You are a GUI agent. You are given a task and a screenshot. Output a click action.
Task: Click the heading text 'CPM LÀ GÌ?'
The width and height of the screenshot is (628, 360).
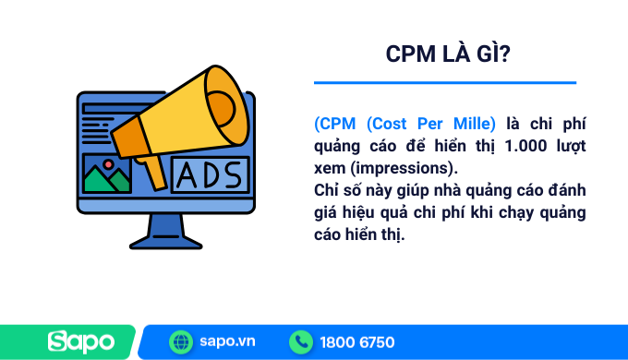pos(450,55)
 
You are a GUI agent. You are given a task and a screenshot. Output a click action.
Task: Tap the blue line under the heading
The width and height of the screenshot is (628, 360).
pos(444,83)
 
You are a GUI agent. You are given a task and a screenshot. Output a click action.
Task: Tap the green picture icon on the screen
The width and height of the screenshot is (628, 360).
pos(107,173)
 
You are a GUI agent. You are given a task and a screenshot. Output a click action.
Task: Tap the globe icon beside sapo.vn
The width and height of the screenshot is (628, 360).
pos(181,342)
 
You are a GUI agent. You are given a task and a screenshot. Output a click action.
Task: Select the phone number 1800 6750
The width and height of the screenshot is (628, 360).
pos(356,342)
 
